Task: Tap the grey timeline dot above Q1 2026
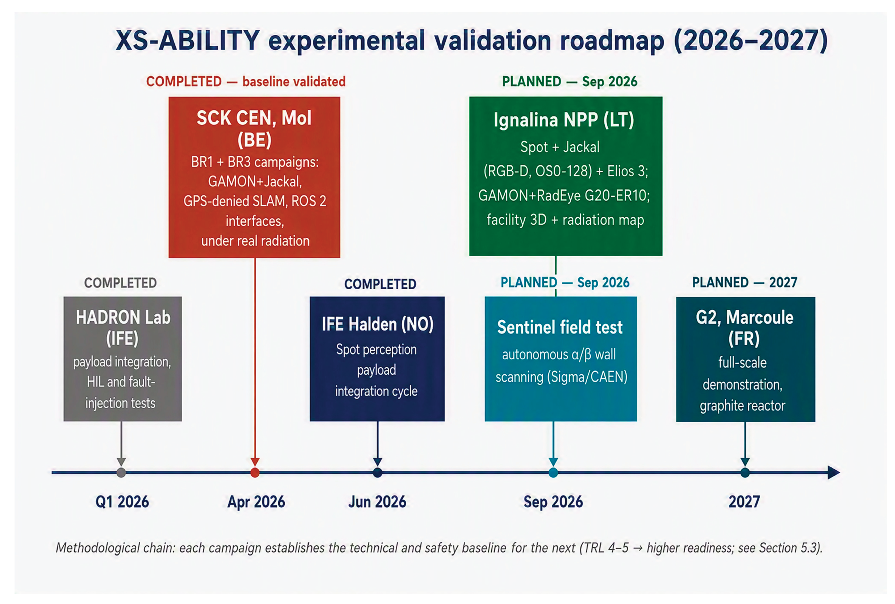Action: click(121, 472)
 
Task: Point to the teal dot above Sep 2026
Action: click(553, 472)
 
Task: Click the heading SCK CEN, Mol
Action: click(254, 118)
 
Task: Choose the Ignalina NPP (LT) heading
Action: click(564, 120)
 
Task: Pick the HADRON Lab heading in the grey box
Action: click(123, 317)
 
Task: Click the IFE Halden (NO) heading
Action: click(377, 324)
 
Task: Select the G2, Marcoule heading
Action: click(744, 317)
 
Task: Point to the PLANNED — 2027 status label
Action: click(745, 282)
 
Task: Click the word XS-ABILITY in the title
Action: click(188, 40)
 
